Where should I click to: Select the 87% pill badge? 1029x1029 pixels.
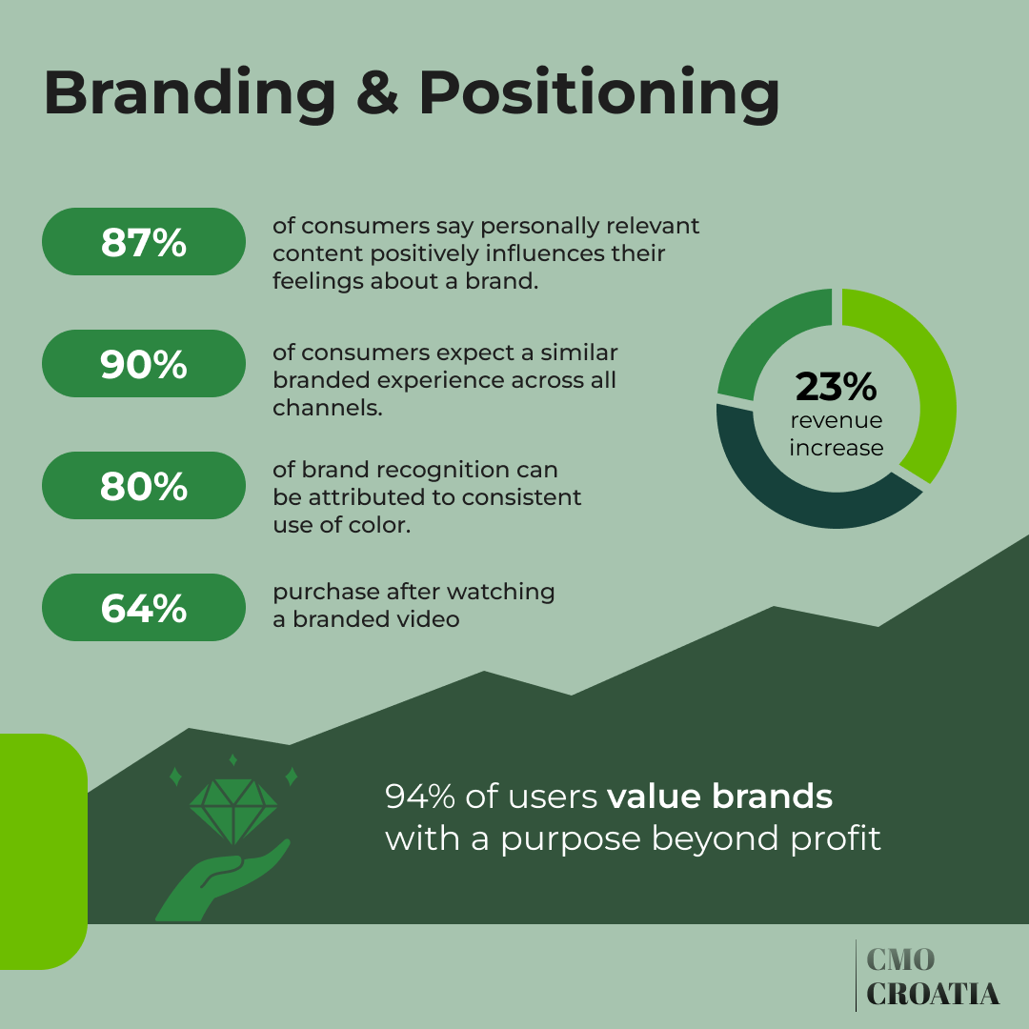(x=144, y=242)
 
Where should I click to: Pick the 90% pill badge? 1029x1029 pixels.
(x=144, y=364)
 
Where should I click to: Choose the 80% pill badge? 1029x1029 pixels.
(x=144, y=486)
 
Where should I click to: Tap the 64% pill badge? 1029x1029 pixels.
(x=144, y=608)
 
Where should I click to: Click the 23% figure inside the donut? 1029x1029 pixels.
(x=836, y=387)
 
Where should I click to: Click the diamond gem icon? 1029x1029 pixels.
(x=233, y=810)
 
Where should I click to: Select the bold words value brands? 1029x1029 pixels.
(x=719, y=797)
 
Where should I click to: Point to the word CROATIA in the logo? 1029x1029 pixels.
(x=933, y=994)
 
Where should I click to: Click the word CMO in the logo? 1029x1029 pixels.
(x=900, y=959)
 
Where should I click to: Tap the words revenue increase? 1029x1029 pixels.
(x=836, y=434)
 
